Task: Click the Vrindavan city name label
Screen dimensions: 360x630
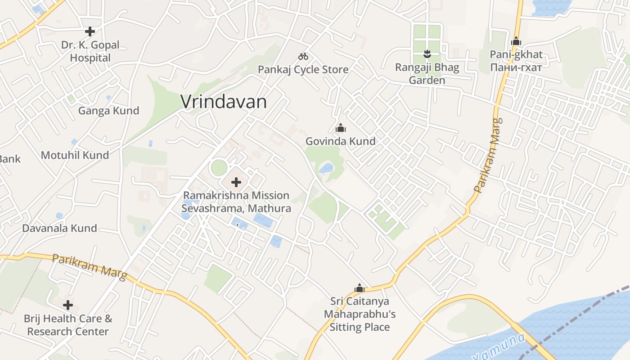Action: (224, 102)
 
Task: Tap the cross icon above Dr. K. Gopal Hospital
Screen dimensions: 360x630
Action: (90, 31)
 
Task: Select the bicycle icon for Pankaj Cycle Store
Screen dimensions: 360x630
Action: (303, 56)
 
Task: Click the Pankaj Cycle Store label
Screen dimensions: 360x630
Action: (303, 69)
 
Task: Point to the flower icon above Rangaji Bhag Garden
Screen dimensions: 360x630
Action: (427, 54)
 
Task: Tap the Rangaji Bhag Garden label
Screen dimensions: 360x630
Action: (427, 74)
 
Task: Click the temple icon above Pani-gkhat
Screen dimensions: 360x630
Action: (516, 41)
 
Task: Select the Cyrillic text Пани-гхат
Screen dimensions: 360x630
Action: (516, 67)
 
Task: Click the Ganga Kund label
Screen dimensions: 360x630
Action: (109, 111)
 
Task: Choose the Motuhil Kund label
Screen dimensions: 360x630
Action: (75, 155)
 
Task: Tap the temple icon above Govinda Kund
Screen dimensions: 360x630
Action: (341, 128)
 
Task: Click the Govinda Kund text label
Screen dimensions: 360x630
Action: (341, 141)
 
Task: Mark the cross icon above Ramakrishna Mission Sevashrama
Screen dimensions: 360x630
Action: (236, 182)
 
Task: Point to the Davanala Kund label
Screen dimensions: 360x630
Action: (60, 228)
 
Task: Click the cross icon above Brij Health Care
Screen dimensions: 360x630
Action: (68, 305)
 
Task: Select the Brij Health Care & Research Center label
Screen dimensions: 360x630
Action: (68, 325)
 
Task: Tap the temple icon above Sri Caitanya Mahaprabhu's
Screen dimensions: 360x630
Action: (360, 288)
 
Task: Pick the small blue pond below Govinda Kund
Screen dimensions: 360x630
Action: (326, 169)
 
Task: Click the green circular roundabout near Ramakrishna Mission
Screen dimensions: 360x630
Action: (219, 168)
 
